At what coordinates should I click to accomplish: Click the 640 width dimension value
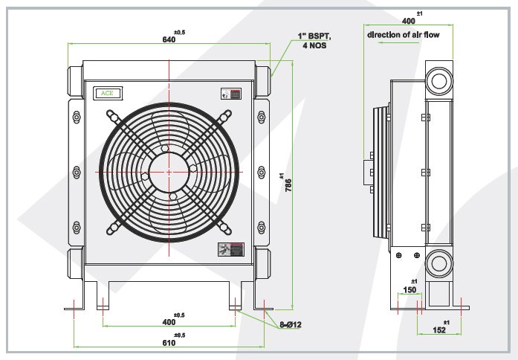click(x=169, y=39)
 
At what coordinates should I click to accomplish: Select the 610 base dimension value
click(x=169, y=343)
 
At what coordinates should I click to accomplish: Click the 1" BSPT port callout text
click(x=311, y=35)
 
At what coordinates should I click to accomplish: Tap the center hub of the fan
click(x=169, y=171)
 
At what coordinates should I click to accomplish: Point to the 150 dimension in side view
click(x=409, y=289)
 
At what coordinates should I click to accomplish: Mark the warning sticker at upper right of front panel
click(x=231, y=94)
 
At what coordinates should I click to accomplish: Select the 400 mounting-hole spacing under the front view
click(x=169, y=321)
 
